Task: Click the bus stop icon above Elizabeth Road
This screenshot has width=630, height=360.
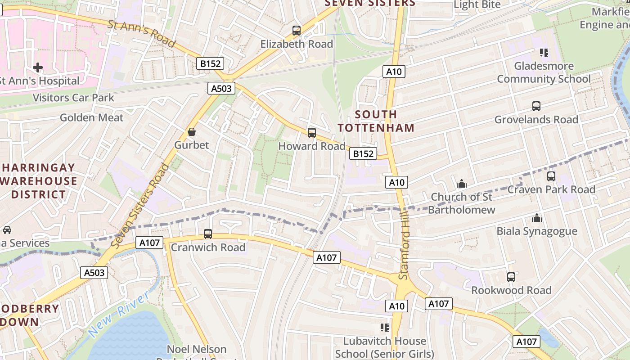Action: [x=296, y=31]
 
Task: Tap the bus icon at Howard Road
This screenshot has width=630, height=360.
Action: [x=311, y=133]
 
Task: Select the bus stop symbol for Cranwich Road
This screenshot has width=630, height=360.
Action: [x=207, y=234]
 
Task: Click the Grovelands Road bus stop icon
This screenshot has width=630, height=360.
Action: [x=536, y=106]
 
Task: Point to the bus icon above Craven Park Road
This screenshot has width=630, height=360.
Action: [x=551, y=176]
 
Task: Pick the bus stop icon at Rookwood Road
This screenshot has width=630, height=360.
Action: [x=511, y=277]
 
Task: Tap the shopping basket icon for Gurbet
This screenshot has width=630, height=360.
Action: [x=192, y=132]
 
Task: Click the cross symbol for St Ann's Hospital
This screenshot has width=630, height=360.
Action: [x=38, y=67]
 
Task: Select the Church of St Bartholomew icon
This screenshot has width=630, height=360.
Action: [x=461, y=184]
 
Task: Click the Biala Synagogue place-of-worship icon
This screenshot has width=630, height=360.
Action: [x=536, y=218]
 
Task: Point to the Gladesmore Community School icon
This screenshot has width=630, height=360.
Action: [x=544, y=53]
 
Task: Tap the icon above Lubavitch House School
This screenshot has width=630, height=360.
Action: [x=384, y=327]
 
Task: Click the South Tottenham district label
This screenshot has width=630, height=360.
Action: [x=376, y=121]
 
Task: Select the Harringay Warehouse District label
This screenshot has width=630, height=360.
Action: [x=39, y=181]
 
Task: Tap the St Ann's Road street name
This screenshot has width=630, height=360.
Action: [x=141, y=33]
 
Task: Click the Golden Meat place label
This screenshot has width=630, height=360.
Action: [x=91, y=118]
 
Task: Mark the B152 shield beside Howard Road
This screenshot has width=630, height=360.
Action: [x=363, y=154]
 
